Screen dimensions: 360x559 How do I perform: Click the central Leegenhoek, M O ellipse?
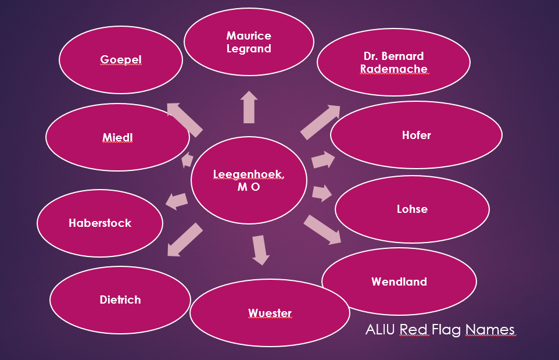pyautogui.click(x=249, y=181)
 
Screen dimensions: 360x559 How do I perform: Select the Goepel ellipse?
pyautogui.click(x=121, y=60)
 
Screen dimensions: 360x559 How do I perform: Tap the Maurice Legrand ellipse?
pyautogui.click(x=249, y=42)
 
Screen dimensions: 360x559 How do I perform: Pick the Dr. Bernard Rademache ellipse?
pyautogui.click(x=393, y=62)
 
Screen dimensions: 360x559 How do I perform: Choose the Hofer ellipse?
pyautogui.click(x=416, y=135)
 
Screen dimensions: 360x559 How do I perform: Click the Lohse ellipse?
pyautogui.click(x=412, y=209)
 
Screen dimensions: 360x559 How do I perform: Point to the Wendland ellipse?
pyautogui.click(x=399, y=281)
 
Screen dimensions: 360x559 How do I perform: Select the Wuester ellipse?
pyautogui.click(x=270, y=313)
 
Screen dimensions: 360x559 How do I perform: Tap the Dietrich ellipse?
pyautogui.click(x=120, y=300)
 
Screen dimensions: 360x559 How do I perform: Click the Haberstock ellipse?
pyautogui.click(x=100, y=223)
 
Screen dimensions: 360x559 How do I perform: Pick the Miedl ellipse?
pyautogui.click(x=117, y=137)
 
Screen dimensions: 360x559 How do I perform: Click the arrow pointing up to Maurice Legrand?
pyautogui.click(x=249, y=108)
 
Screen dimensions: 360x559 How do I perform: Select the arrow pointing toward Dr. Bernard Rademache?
pyautogui.click(x=320, y=122)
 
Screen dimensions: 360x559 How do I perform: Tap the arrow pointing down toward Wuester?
pyautogui.click(x=260, y=249)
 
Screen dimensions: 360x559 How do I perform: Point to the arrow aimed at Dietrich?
pyautogui.click(x=184, y=239)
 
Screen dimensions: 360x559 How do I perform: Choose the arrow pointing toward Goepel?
pyautogui.click(x=184, y=118)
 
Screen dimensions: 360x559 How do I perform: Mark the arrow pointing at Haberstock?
pyautogui.click(x=177, y=201)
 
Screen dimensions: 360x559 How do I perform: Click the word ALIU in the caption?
pyautogui.click(x=381, y=330)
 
